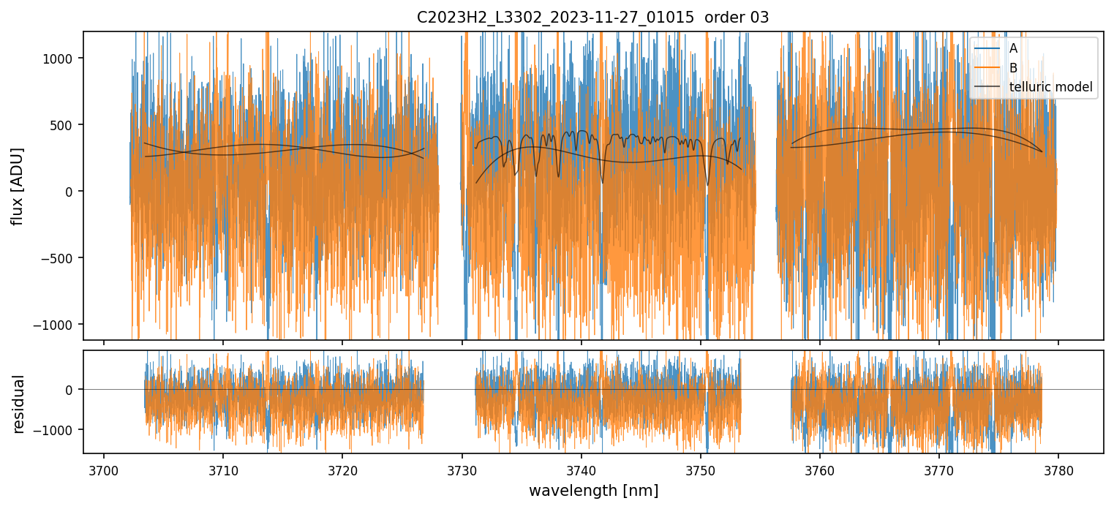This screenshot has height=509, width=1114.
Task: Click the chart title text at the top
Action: (x=592, y=18)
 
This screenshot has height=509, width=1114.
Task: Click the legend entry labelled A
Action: (x=1013, y=48)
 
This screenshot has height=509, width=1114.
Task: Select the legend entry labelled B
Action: (x=1013, y=68)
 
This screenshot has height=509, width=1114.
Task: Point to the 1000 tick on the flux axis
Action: (x=62, y=59)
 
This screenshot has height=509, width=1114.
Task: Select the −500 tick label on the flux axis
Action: (x=62, y=258)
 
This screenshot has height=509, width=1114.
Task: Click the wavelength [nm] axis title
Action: (x=593, y=491)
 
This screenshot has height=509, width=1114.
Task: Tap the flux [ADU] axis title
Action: (x=18, y=186)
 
